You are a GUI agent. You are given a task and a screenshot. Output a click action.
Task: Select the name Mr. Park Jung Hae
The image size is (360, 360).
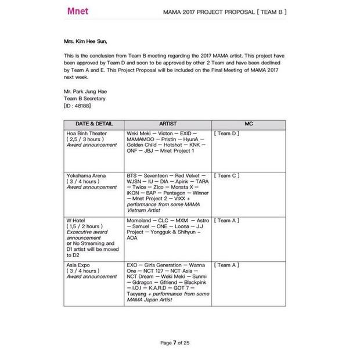[85, 92]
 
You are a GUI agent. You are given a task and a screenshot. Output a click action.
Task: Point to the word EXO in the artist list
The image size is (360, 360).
[133, 265]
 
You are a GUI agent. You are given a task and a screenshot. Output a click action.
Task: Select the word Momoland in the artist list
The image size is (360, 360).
[139, 221]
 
